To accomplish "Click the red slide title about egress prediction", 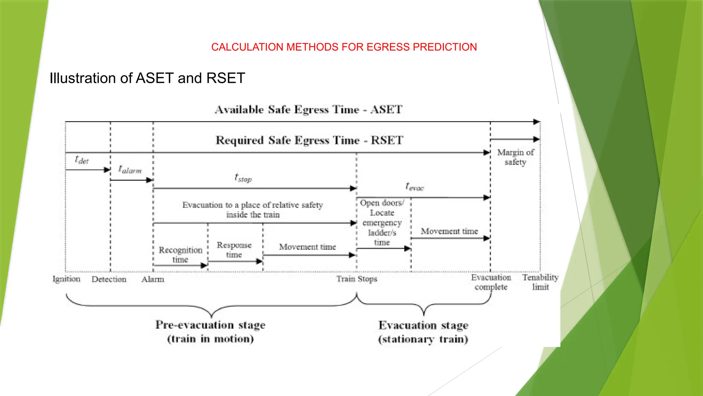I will click(344, 47).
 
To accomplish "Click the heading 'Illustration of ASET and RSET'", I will click(147, 78).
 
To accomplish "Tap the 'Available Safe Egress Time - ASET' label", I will click(309, 110).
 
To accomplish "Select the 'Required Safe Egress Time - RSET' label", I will click(309, 140).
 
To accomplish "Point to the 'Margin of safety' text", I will click(516, 157).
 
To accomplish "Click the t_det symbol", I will click(82, 160).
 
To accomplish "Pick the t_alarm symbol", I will click(130, 169).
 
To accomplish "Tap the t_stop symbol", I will click(243, 178).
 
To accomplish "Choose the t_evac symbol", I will click(415, 187).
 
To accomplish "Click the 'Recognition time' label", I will click(181, 254).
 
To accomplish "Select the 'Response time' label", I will click(234, 250).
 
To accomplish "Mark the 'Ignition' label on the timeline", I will click(66, 279).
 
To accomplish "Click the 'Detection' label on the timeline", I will click(109, 279).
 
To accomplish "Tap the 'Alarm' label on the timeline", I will click(153, 279).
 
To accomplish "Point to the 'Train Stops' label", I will click(357, 279).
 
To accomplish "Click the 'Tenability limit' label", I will click(540, 282).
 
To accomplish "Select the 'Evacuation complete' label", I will click(491, 282).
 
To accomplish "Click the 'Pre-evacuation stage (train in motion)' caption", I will click(210, 332).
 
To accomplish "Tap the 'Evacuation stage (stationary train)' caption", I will click(423, 332).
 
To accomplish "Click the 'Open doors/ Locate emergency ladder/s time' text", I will click(382, 223).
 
